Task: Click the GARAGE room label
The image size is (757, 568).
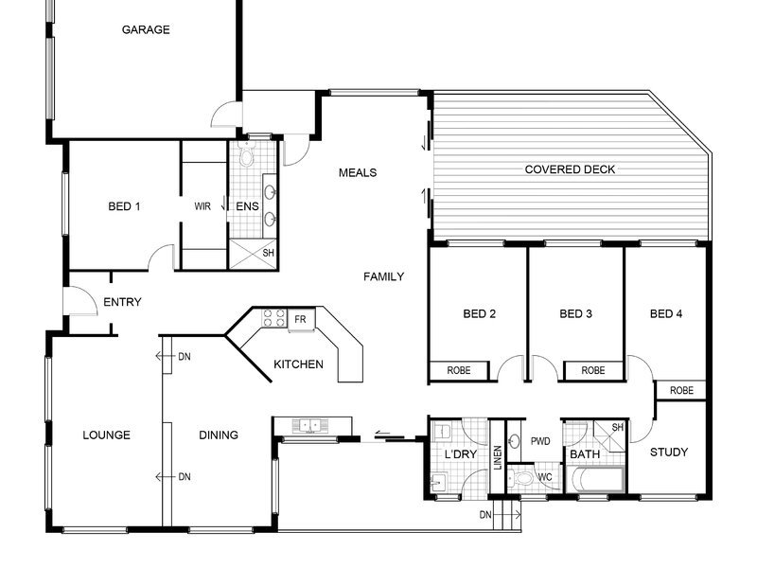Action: point(146,30)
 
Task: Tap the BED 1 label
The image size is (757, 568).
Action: point(124,206)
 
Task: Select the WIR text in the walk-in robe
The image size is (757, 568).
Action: point(202,206)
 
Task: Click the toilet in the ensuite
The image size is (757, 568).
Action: point(247,154)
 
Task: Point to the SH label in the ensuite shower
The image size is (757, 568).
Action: point(269,253)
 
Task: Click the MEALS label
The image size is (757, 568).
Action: point(358,173)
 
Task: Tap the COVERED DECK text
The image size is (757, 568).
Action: point(571,169)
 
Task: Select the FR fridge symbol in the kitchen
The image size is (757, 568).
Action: point(301,320)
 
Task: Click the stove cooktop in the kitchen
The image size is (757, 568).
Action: point(273,319)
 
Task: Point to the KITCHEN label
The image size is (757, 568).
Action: point(298,364)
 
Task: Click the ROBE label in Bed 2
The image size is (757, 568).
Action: point(459,370)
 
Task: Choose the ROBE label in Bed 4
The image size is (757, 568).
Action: point(681,390)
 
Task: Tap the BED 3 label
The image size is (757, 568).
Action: point(576,314)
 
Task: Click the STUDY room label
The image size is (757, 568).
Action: point(669,453)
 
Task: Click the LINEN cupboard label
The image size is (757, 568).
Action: point(498,457)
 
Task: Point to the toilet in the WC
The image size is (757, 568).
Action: point(519,479)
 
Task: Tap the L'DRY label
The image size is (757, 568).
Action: point(461,454)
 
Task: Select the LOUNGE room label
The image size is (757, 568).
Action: point(107,435)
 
